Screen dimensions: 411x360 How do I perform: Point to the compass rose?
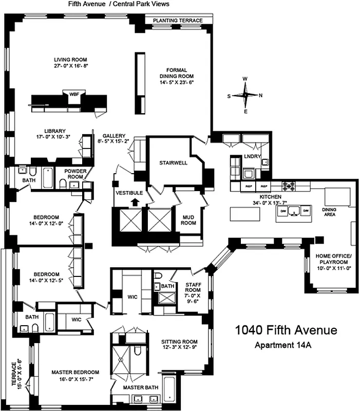(x=246, y=95)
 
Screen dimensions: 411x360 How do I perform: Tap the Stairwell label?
(x=169, y=162)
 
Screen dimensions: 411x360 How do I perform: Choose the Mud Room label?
(x=188, y=220)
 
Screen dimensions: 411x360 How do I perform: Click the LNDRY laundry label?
(x=253, y=156)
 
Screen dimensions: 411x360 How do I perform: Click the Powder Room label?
(x=75, y=174)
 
